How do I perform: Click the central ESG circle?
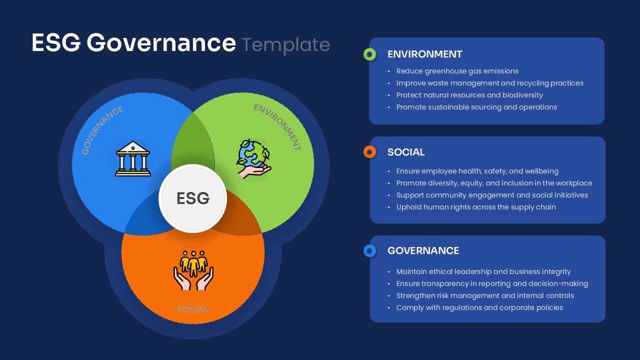(193, 198)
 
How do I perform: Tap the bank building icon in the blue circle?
(133, 158)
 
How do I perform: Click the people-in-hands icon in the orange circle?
(193, 270)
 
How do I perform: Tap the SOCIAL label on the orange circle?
(192, 309)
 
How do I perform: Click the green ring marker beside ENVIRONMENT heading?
(369, 54)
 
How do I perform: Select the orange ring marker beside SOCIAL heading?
(369, 152)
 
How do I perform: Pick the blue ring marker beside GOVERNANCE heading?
(369, 250)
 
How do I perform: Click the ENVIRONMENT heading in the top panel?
(424, 54)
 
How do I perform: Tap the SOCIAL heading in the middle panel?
(406, 152)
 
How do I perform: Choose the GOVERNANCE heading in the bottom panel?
(423, 250)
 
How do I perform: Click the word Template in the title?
(286, 44)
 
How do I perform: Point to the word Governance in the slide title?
(161, 43)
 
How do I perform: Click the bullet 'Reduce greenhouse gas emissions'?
(457, 71)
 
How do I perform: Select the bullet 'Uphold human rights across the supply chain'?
(475, 207)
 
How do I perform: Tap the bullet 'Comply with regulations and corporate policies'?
(479, 307)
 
